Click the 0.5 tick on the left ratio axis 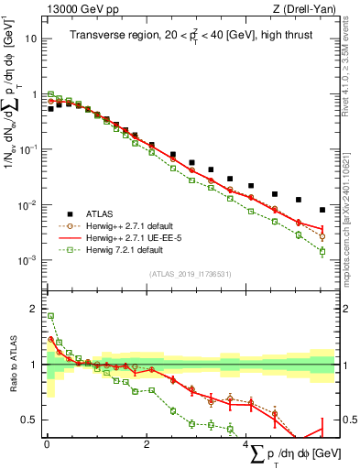coord(28,420)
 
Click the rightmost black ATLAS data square coord(322,210)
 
